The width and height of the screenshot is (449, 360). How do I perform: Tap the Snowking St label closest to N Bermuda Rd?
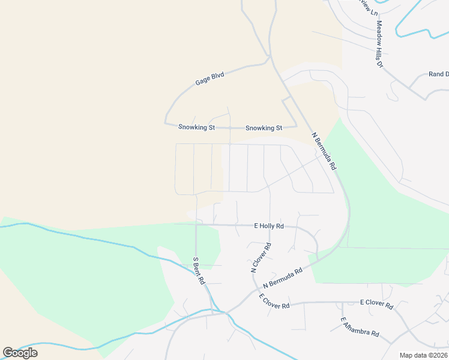264,128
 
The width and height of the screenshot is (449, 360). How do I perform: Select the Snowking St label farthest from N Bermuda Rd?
196,127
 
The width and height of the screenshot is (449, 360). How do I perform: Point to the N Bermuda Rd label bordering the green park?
324,152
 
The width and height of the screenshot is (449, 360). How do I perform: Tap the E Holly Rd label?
268,226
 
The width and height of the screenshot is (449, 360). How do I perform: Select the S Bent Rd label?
199,271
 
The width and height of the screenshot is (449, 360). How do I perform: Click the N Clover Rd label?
261,258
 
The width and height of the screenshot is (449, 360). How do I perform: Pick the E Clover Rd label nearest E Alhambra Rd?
376,304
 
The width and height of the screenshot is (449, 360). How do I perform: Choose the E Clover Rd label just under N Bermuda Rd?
274,301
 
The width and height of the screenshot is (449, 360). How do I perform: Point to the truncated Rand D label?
438,74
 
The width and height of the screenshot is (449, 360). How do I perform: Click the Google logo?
20,352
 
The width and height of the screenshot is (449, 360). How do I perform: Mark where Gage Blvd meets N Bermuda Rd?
270,58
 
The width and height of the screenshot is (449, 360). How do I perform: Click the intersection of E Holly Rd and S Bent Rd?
196,224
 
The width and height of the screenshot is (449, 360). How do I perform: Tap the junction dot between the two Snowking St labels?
229,128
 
